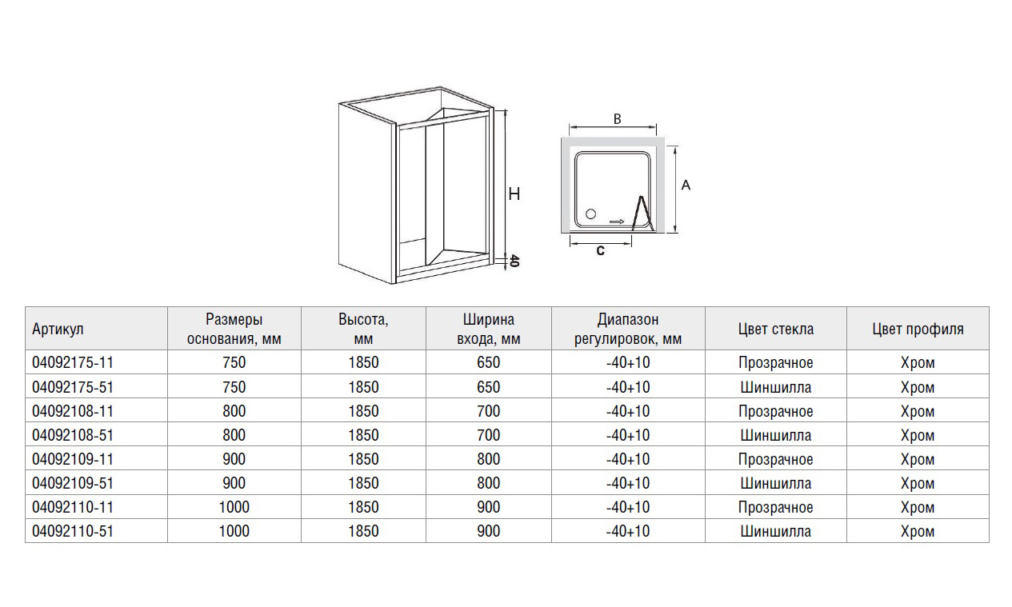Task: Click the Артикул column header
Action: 58,329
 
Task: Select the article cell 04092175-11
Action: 73,362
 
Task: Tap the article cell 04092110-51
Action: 73,531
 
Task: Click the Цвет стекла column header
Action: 776,329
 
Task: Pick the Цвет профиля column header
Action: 918,329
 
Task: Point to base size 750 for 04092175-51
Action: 234,387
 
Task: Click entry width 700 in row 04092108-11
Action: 488,411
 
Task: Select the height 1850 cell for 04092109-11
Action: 363,459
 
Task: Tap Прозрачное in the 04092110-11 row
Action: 776,507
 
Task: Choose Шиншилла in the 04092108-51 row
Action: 776,435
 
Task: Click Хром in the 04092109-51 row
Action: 918,483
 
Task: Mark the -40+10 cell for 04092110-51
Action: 628,531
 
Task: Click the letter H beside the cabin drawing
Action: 514,194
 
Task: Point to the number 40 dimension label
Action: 514,261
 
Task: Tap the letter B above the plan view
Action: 617,119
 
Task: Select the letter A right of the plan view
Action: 686,185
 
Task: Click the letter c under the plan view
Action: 601,250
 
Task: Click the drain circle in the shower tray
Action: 590,214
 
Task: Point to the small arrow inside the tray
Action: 617,222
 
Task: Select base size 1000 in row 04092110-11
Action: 234,507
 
